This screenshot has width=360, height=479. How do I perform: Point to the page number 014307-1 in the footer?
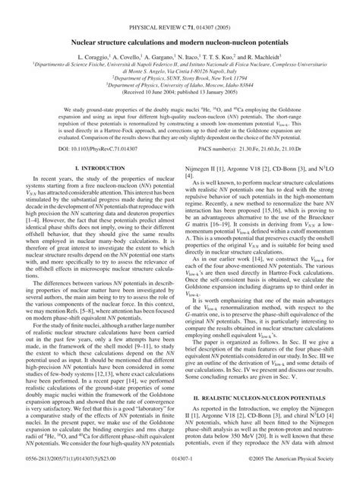[x=180, y=471]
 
